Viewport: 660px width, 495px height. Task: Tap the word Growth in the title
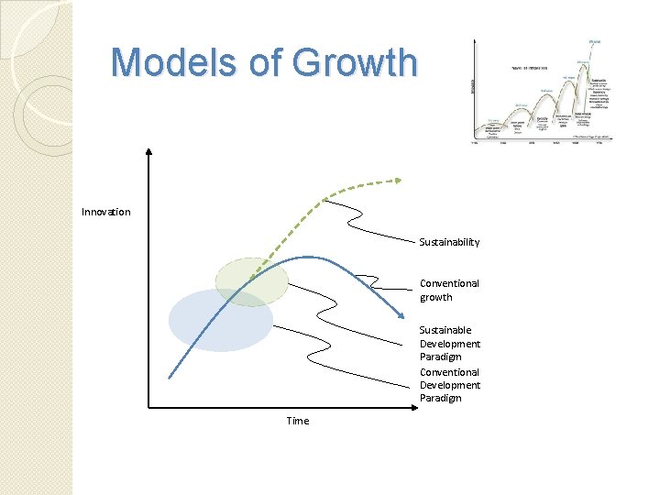pyautogui.click(x=361, y=62)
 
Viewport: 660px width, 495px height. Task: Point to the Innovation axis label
pyautogui.click(x=105, y=212)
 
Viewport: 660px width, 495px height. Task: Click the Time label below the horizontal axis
pyautogui.click(x=297, y=421)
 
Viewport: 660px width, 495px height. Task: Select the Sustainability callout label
pyautogui.click(x=449, y=242)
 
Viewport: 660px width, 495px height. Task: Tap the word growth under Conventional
pyautogui.click(x=435, y=297)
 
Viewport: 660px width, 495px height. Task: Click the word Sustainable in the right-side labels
pyautogui.click(x=445, y=330)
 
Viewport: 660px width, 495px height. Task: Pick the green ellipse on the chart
pyautogui.click(x=251, y=280)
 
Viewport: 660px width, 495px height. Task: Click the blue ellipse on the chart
pyautogui.click(x=220, y=320)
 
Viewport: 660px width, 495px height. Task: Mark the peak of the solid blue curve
pyautogui.click(x=310, y=257)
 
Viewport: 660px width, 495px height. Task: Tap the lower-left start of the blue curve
pyautogui.click(x=170, y=376)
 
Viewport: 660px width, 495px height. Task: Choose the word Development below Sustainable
pyautogui.click(x=450, y=344)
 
